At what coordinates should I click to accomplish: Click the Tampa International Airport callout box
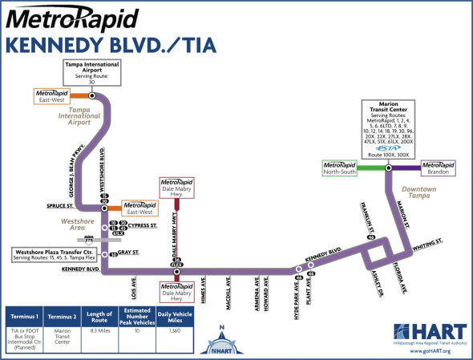click(x=91, y=71)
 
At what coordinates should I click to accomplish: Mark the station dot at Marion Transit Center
click(x=388, y=168)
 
